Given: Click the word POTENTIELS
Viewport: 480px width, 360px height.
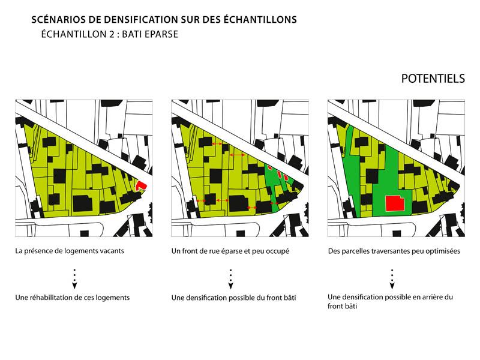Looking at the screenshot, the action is click(433, 79).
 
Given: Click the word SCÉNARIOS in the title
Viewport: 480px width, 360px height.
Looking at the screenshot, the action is click(59, 20).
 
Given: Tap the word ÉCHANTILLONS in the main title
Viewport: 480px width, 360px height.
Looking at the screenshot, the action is click(260, 19).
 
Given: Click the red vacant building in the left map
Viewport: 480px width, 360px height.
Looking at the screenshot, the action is click(141, 185).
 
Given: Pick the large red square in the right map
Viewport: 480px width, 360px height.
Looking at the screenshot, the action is click(395, 203).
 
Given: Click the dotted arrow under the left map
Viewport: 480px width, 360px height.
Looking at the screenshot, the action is click(74, 279).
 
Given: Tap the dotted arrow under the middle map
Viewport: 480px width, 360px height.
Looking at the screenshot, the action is click(230, 279).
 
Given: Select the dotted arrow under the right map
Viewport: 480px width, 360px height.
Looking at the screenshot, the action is click(392, 279).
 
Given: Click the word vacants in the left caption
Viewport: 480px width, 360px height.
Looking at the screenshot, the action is click(112, 251).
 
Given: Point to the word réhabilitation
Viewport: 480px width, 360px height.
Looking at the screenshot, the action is click(54, 298).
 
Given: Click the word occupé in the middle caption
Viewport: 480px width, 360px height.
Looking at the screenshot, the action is click(278, 251).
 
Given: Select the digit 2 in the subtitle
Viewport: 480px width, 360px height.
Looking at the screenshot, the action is click(112, 34).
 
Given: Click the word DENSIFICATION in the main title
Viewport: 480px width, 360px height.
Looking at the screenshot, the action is click(142, 20).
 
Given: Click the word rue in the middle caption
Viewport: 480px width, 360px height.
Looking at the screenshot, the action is click(200, 251).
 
